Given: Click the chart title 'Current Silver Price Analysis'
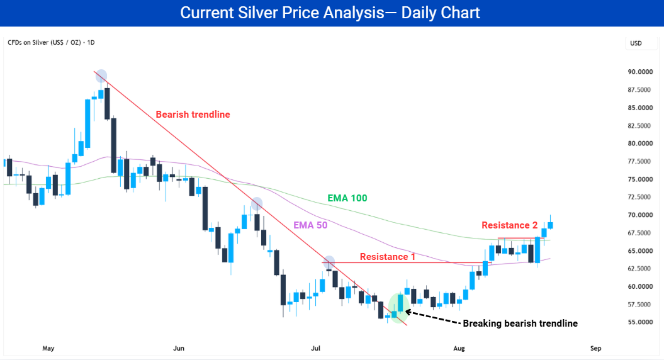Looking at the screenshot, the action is pos(282,13).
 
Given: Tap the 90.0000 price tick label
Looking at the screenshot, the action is pos(640,72).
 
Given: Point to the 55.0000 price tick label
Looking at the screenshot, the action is pos(640,322).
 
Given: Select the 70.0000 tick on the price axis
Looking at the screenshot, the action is pos(640,215).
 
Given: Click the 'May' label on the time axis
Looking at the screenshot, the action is pos(48,348).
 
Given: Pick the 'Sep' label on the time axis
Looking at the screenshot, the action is pos(596,348).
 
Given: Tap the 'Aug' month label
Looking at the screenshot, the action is pos(459,348).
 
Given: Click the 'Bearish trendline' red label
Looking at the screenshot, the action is pos(193,115).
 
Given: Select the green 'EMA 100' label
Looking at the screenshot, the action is pos(347,198).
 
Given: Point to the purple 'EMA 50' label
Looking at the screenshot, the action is pos(310,225).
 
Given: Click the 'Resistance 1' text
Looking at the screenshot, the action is pos(388,257).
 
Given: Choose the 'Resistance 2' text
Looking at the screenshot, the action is pos(509,225).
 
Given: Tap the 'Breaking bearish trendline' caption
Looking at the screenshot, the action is pos(520,323).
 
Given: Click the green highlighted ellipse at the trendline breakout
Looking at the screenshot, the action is pos(398,308).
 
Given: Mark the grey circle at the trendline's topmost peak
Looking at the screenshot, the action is pos(101,76).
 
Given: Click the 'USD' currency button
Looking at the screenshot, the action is pos(636,43).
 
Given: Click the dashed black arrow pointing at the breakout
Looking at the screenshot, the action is pos(433,317).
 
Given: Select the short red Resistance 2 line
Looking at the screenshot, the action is pos(521,238).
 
